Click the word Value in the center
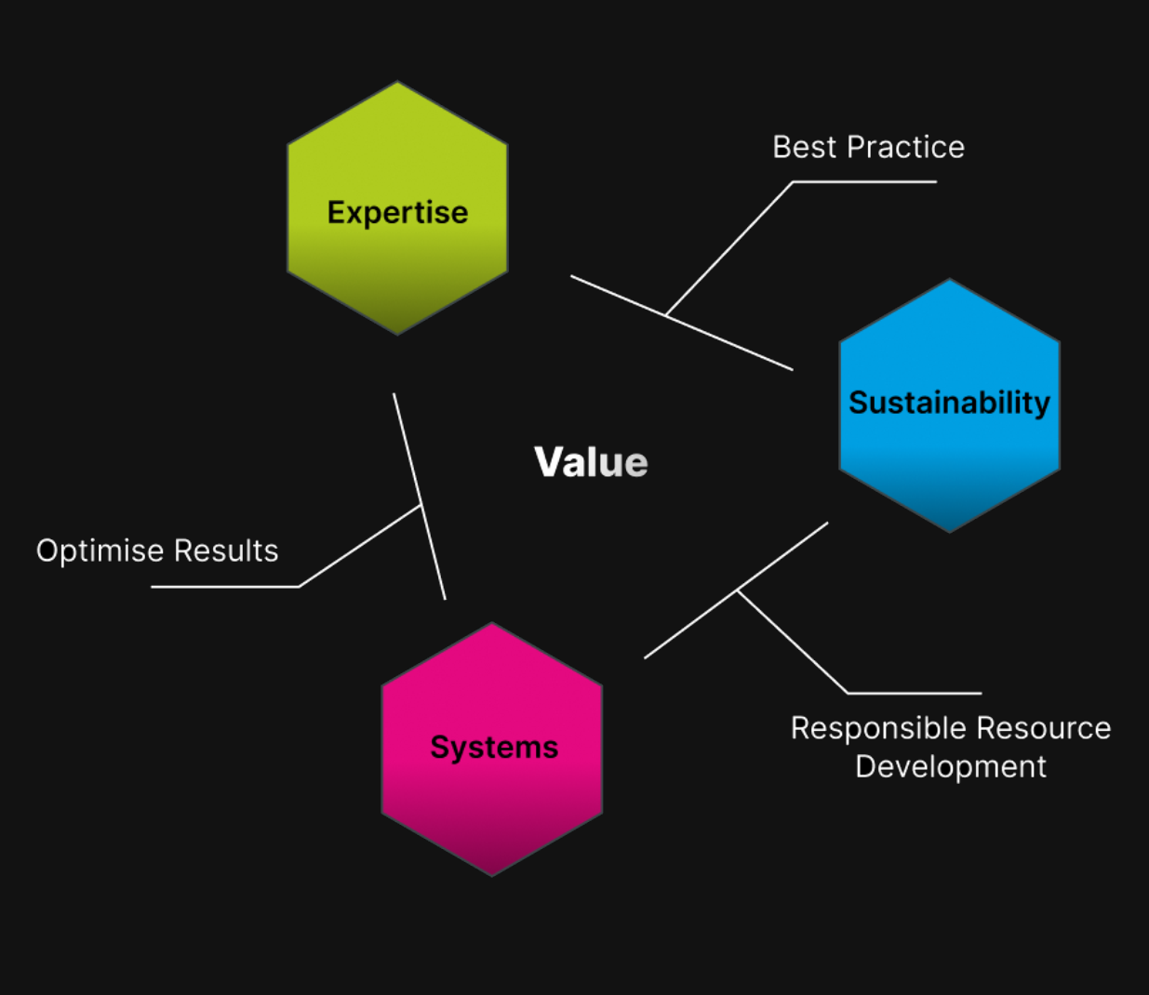coord(591,462)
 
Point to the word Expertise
coord(397,213)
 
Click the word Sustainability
coord(949,403)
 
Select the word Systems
coord(494,747)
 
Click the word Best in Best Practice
coord(805,147)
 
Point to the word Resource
coord(1045,728)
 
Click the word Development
coord(950,766)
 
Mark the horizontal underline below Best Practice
coord(865,182)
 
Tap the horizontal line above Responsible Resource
coord(914,693)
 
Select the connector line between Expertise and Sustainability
coord(726,341)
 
